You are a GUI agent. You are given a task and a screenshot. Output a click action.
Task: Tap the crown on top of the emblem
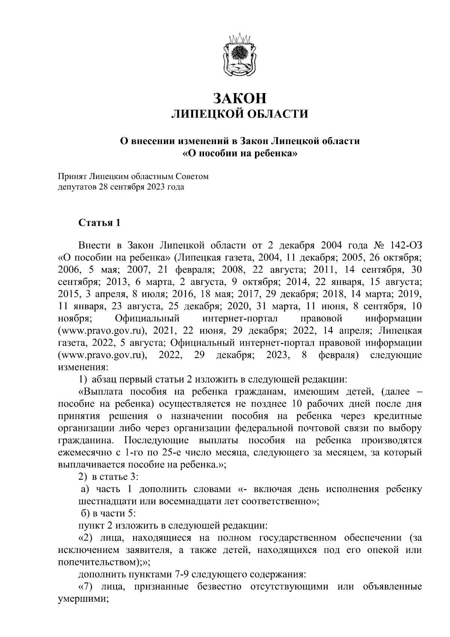pos(240,38)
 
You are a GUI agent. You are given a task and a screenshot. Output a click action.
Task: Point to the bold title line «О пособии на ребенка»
pos(240,154)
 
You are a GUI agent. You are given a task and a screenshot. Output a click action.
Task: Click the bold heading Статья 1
pos(99,223)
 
